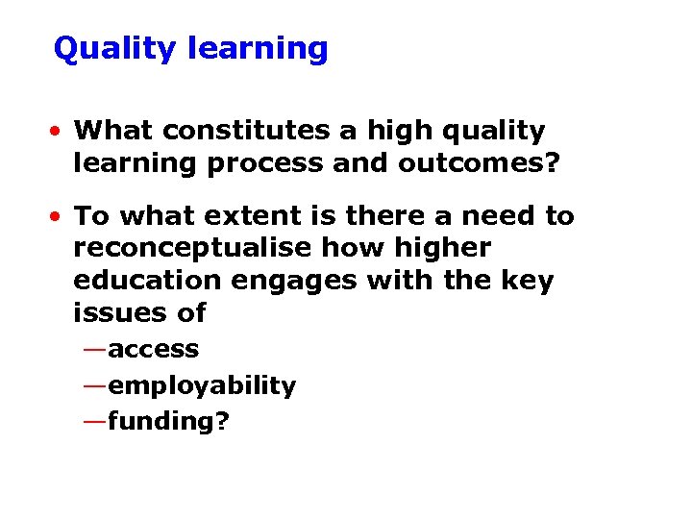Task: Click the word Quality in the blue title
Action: (x=113, y=49)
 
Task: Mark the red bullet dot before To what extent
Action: (x=60, y=216)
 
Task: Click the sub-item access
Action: (x=154, y=350)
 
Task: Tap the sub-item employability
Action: (x=202, y=386)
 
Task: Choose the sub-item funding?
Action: (x=169, y=421)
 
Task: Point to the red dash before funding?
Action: (x=95, y=420)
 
